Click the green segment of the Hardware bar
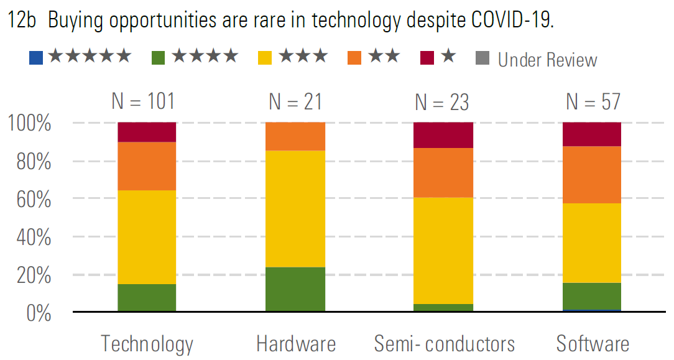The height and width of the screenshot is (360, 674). (295, 289)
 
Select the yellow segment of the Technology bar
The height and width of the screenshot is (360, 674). (147, 237)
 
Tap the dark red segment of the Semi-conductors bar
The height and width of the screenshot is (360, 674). (443, 135)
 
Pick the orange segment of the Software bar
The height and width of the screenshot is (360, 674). (591, 175)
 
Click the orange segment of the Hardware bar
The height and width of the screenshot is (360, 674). (295, 137)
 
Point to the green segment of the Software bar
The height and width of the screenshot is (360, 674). (591, 296)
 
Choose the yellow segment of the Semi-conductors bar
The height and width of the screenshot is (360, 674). (443, 251)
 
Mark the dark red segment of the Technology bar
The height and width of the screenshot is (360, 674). (147, 132)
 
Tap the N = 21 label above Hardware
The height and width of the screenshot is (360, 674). (295, 102)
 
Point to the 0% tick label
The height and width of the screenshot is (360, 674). (39, 313)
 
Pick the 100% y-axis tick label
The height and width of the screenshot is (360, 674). (29, 123)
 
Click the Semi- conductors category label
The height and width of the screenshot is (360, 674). (444, 344)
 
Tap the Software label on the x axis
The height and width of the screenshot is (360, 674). (592, 344)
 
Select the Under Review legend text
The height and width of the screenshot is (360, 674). (547, 60)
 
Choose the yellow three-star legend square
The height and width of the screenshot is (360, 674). (266, 58)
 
